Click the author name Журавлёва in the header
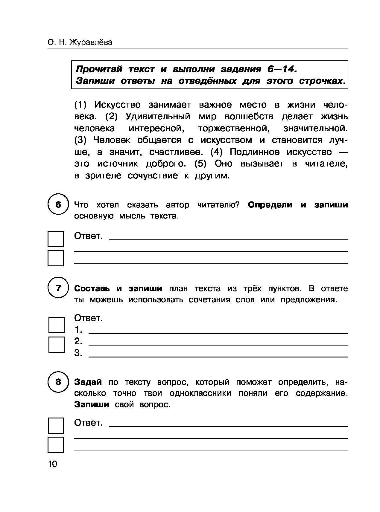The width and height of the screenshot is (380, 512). [x=91, y=43]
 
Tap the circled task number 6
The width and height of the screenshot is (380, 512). [x=58, y=205]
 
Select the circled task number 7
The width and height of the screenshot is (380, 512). [x=58, y=288]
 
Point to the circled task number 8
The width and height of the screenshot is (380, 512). [x=58, y=382]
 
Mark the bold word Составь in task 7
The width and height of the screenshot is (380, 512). [x=92, y=288]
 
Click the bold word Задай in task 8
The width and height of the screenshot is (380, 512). [x=88, y=382]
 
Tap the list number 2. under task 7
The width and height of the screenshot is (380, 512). [x=78, y=341]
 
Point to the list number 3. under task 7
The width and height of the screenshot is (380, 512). [x=78, y=353]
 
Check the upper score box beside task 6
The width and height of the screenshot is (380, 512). [x=56, y=239]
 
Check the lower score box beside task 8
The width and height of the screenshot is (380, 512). [x=56, y=444]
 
